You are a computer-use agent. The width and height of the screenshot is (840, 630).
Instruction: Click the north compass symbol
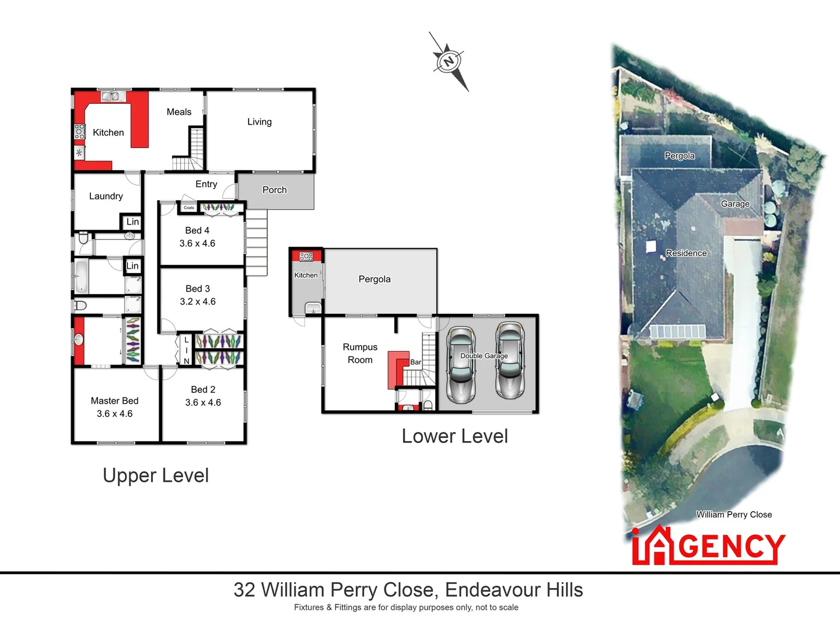(x=448, y=61)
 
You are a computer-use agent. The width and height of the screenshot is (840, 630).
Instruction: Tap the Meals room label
(x=179, y=112)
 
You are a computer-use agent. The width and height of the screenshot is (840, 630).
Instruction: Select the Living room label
(x=260, y=122)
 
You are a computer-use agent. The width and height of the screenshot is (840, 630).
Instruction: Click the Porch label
(x=275, y=190)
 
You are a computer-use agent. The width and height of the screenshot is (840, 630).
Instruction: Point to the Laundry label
(x=106, y=197)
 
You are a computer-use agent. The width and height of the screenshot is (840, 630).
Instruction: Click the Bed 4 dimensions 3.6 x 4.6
(x=197, y=244)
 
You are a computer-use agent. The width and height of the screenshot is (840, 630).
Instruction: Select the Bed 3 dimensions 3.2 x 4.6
(x=198, y=302)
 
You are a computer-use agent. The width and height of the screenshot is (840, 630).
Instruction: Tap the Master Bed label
(x=114, y=401)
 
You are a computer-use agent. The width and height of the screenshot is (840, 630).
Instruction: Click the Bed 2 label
(x=203, y=390)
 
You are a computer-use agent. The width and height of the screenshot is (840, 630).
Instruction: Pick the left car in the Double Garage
(x=461, y=365)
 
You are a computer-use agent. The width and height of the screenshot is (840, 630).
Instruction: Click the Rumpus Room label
(x=360, y=353)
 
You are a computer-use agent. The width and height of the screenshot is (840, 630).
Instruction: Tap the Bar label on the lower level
(x=415, y=362)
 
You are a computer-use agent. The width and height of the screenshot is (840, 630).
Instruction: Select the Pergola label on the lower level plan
(x=374, y=279)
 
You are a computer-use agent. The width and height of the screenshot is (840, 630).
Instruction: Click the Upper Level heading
(x=156, y=475)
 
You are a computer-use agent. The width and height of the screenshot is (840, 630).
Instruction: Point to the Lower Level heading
(x=455, y=436)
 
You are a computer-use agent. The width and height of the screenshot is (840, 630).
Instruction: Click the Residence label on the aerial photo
(x=686, y=253)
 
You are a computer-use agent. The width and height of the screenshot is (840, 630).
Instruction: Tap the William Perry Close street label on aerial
(x=734, y=514)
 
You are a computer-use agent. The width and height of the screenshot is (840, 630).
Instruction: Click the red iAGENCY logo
(x=708, y=546)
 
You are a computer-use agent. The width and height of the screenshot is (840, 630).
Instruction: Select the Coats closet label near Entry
(x=189, y=208)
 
